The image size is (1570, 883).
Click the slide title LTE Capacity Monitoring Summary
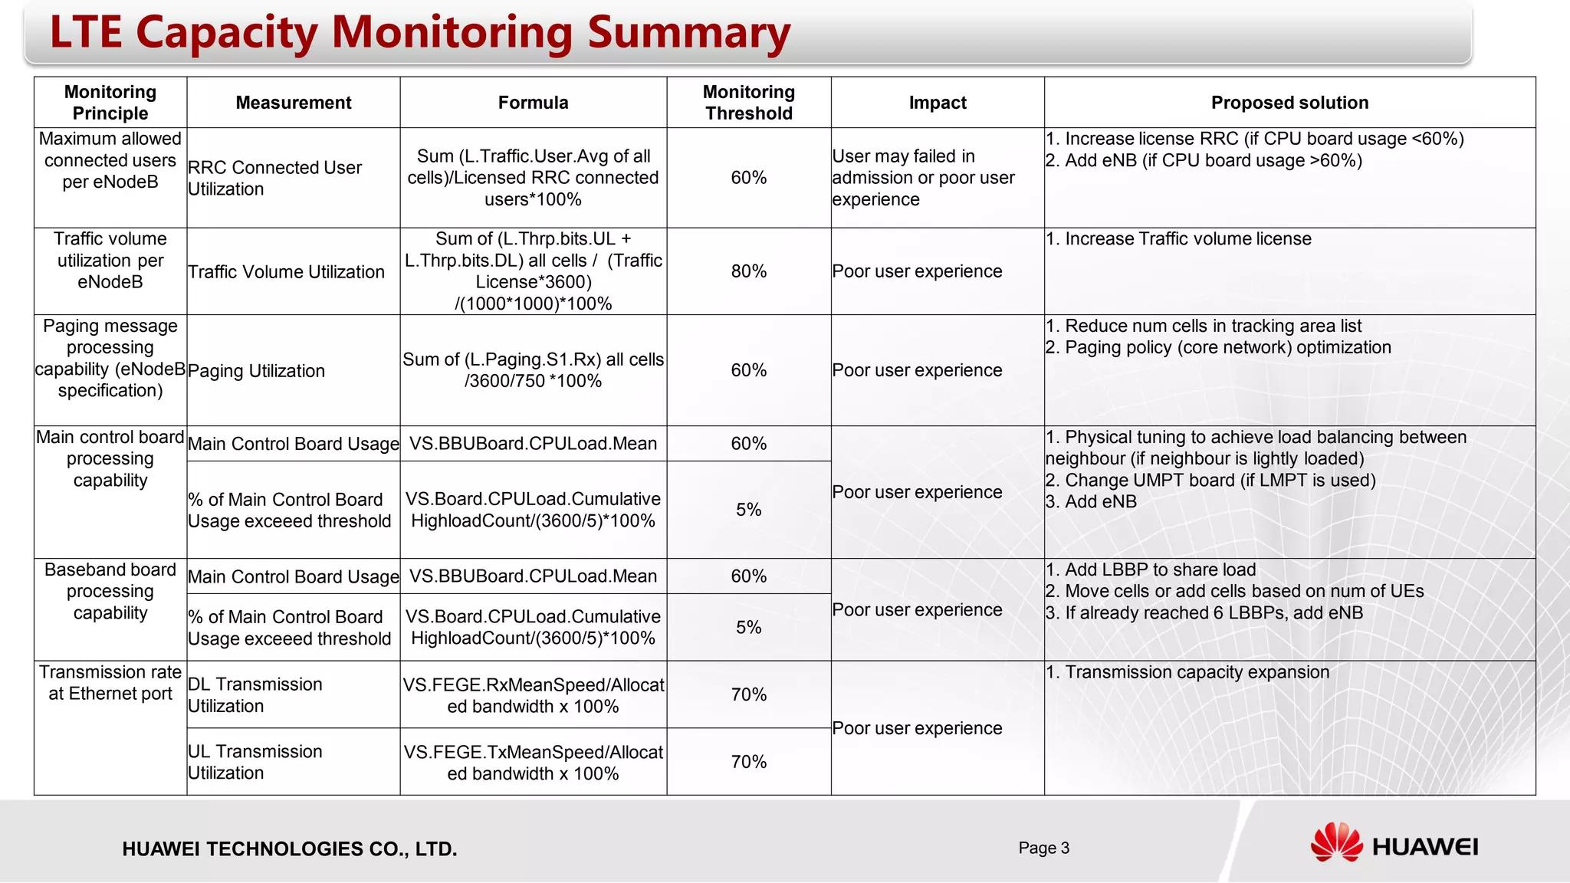click(x=419, y=33)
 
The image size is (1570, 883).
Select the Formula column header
click(x=533, y=103)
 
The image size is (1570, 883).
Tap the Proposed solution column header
click(x=1289, y=103)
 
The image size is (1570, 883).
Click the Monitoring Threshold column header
click(x=748, y=103)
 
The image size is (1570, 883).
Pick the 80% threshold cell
click(x=748, y=271)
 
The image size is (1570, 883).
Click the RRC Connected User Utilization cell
click(x=274, y=178)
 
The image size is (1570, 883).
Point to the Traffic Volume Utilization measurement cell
click(x=286, y=272)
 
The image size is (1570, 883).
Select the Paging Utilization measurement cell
click(x=256, y=371)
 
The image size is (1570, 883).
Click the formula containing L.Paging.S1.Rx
click(x=533, y=370)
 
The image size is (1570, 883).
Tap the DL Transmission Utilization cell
click(x=255, y=694)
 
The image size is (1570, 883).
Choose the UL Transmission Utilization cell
click(x=255, y=762)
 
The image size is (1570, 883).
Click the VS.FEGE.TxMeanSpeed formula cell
click(x=533, y=763)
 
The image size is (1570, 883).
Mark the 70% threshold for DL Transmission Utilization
click(x=748, y=694)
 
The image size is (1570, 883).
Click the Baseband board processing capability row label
click(x=110, y=591)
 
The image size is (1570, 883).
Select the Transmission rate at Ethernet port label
click(x=110, y=682)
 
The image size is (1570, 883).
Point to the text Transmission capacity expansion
click(x=1197, y=672)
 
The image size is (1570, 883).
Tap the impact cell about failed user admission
click(x=923, y=178)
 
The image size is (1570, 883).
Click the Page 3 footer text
click(x=1043, y=848)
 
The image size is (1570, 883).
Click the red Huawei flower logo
click(x=1336, y=842)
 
